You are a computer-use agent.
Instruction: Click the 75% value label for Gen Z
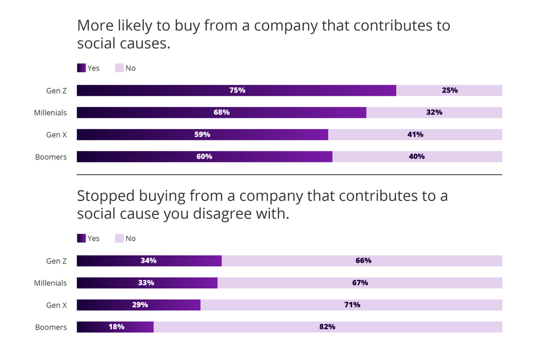[237, 90]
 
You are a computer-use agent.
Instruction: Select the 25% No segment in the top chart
[449, 90]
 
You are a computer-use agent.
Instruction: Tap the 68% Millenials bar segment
[221, 113]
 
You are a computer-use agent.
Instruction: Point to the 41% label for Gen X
[415, 135]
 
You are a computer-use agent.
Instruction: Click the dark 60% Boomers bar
[204, 157]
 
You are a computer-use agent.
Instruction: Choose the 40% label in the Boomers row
[416, 157]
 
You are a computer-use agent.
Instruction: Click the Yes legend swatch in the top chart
[81, 68]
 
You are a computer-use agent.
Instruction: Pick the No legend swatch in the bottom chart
[119, 238]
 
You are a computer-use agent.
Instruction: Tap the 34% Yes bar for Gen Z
[149, 261]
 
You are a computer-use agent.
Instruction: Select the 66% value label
[363, 261]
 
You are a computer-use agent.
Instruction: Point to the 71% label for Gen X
[352, 305]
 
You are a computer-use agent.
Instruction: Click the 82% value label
[327, 327]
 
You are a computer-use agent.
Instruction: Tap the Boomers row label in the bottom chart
[51, 327]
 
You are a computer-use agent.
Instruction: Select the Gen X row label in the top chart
[56, 135]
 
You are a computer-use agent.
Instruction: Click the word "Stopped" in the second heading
[106, 196]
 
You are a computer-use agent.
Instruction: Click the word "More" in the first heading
[95, 26]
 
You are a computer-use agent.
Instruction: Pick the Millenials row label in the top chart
[50, 113]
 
